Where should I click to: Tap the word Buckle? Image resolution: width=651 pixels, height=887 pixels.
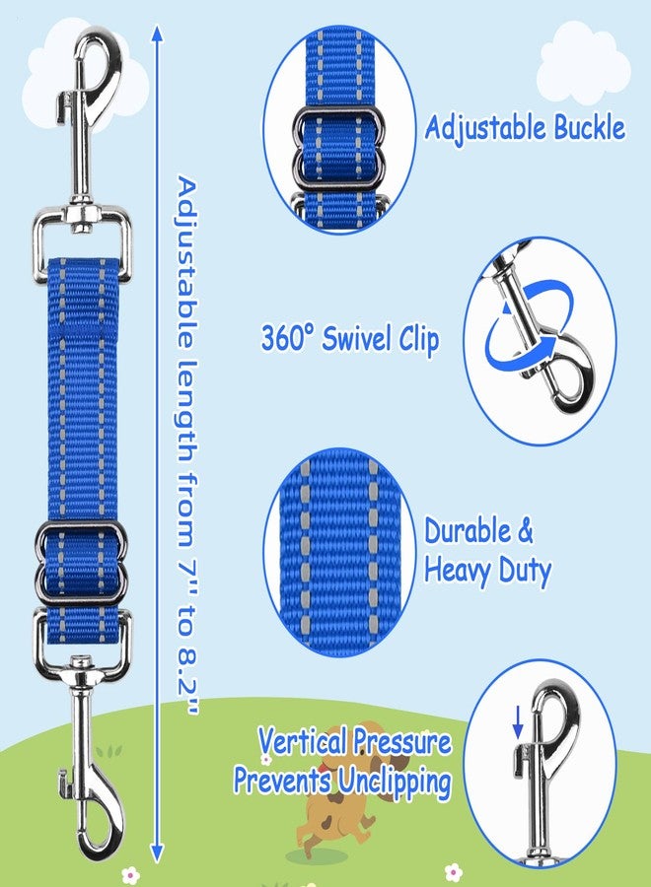(589, 127)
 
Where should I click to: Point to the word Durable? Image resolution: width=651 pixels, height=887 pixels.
(468, 531)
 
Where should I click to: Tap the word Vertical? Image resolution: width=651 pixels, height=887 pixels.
(303, 741)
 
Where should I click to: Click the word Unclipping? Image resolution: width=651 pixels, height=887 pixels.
(395, 784)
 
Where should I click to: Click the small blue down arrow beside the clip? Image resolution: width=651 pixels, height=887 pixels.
(518, 722)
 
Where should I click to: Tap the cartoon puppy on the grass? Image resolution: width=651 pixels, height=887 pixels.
(334, 792)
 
